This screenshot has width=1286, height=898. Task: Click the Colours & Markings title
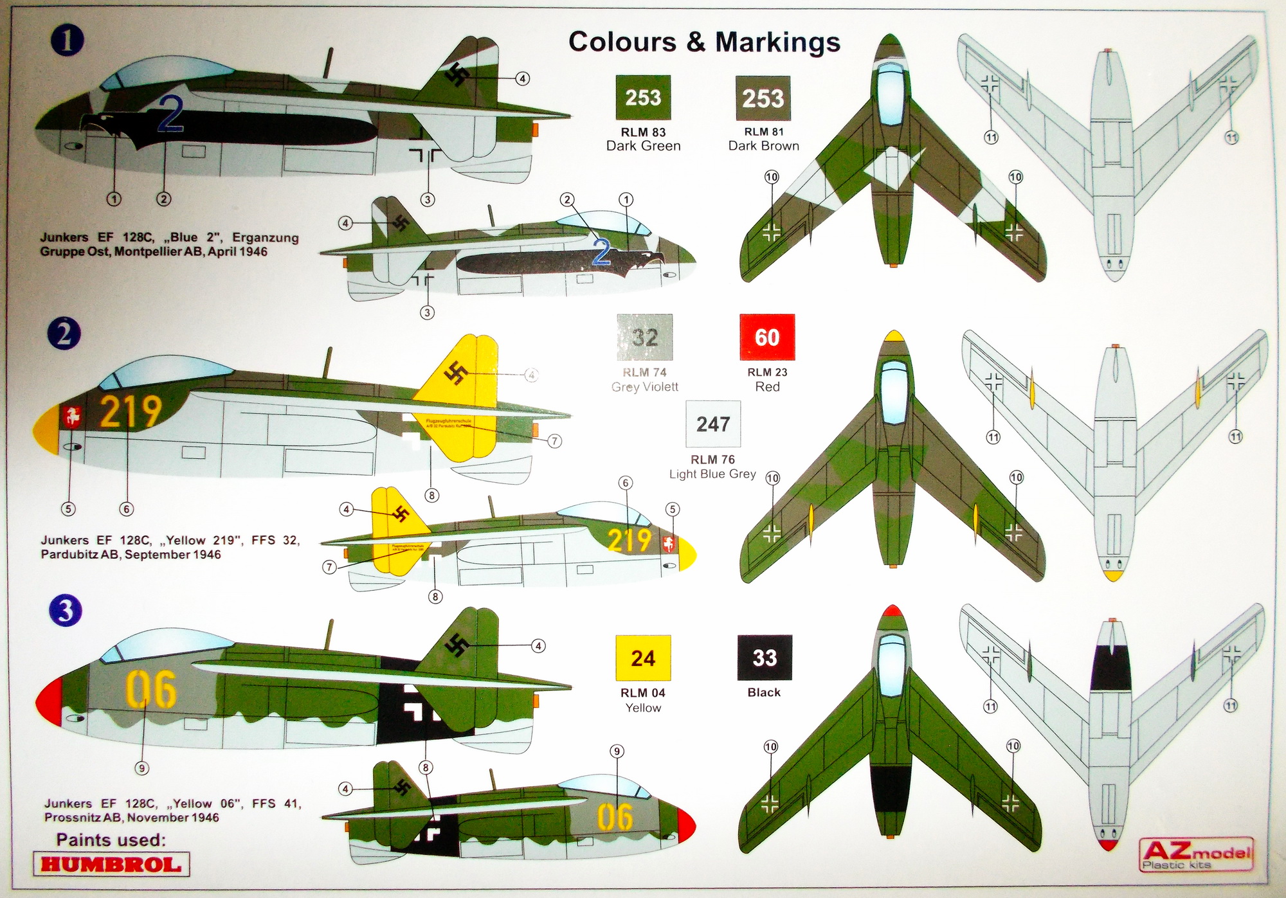click(x=704, y=42)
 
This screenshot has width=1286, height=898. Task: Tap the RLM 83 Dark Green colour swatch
click(x=643, y=98)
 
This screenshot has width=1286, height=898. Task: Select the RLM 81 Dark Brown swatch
click(x=763, y=98)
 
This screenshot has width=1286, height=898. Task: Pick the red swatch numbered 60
click(x=767, y=337)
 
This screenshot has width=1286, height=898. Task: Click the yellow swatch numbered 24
click(x=643, y=658)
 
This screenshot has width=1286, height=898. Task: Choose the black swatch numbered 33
click(x=765, y=658)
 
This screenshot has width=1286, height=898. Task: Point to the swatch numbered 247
click(x=713, y=424)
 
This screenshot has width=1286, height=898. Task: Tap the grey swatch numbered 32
click(x=644, y=337)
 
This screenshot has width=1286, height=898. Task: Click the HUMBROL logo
click(x=111, y=864)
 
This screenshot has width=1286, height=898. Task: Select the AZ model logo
click(x=1196, y=854)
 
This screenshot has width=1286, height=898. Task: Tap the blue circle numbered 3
click(x=65, y=611)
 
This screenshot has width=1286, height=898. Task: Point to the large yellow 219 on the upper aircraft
click(x=131, y=411)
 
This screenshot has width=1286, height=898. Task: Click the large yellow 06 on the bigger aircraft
click(x=150, y=690)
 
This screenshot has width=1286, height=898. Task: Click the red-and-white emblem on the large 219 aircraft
click(x=72, y=418)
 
